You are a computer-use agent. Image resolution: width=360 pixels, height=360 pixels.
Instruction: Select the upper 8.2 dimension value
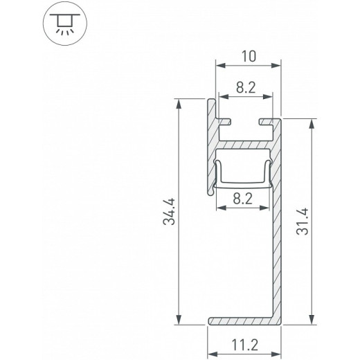pos(249,87)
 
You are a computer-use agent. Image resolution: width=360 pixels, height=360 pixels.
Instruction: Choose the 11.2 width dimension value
pos(248,343)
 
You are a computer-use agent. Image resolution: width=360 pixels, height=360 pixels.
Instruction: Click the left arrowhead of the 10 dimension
pos(219,67)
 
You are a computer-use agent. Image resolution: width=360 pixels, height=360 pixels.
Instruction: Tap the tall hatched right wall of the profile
pos(278,228)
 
